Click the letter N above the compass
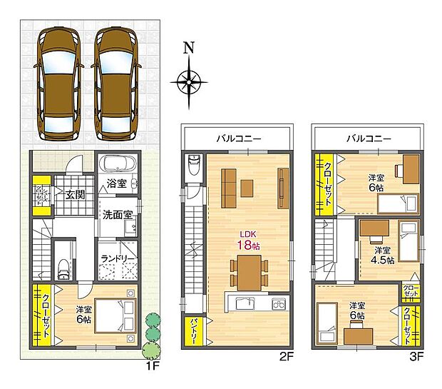pos(189,49)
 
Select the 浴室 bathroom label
pos(116,183)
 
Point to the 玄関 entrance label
pos(75,194)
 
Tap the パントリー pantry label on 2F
pos(193,331)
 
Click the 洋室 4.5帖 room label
pos(381,255)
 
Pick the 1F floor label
pos(151,365)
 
